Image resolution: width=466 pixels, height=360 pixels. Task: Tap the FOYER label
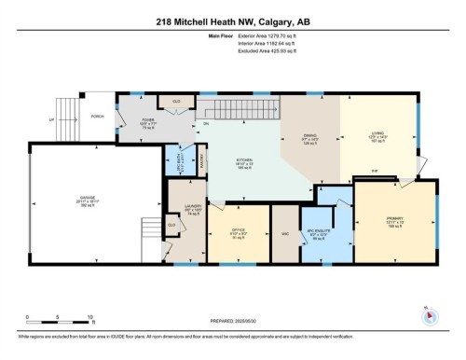pyautogui.click(x=146, y=120)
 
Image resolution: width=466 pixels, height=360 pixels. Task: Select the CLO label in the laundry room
pyautogui.click(x=171, y=225)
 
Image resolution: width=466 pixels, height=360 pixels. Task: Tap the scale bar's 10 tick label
pyautogui.click(x=89, y=318)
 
